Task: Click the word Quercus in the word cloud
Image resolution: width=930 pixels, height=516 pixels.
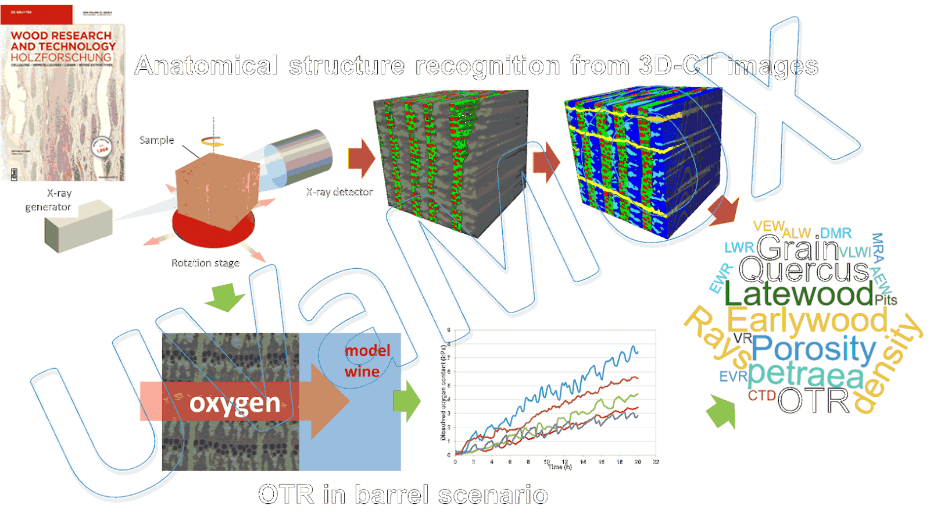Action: point(803,270)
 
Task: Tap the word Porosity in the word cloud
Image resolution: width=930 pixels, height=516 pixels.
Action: point(813,349)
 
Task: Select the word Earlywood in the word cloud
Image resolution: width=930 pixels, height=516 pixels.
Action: point(807,320)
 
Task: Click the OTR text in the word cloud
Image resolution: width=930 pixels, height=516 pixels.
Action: point(813,400)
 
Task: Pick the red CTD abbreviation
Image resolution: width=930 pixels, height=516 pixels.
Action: point(761,396)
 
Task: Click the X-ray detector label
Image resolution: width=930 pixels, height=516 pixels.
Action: point(339,192)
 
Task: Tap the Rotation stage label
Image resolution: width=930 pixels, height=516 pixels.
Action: point(205,263)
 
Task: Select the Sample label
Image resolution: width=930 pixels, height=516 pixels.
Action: point(156,140)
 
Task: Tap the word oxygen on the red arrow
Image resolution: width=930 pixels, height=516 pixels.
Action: point(235,403)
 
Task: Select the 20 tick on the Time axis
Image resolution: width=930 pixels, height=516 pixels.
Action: point(638,462)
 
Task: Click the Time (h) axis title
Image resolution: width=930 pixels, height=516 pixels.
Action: point(560,467)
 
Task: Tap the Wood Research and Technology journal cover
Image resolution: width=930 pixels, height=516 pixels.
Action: point(62,93)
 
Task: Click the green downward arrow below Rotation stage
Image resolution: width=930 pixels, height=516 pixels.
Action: point(225,296)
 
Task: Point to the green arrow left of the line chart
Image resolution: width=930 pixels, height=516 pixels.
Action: point(407,401)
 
